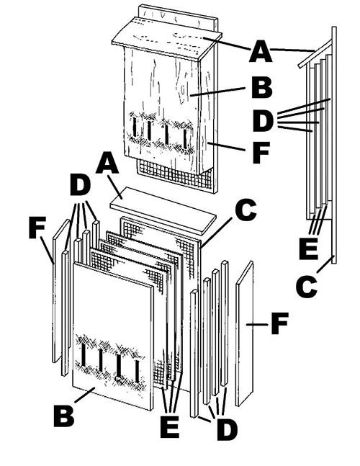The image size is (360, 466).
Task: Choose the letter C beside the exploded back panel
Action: click(x=246, y=210)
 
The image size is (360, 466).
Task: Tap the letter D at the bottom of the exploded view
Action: click(x=226, y=430)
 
